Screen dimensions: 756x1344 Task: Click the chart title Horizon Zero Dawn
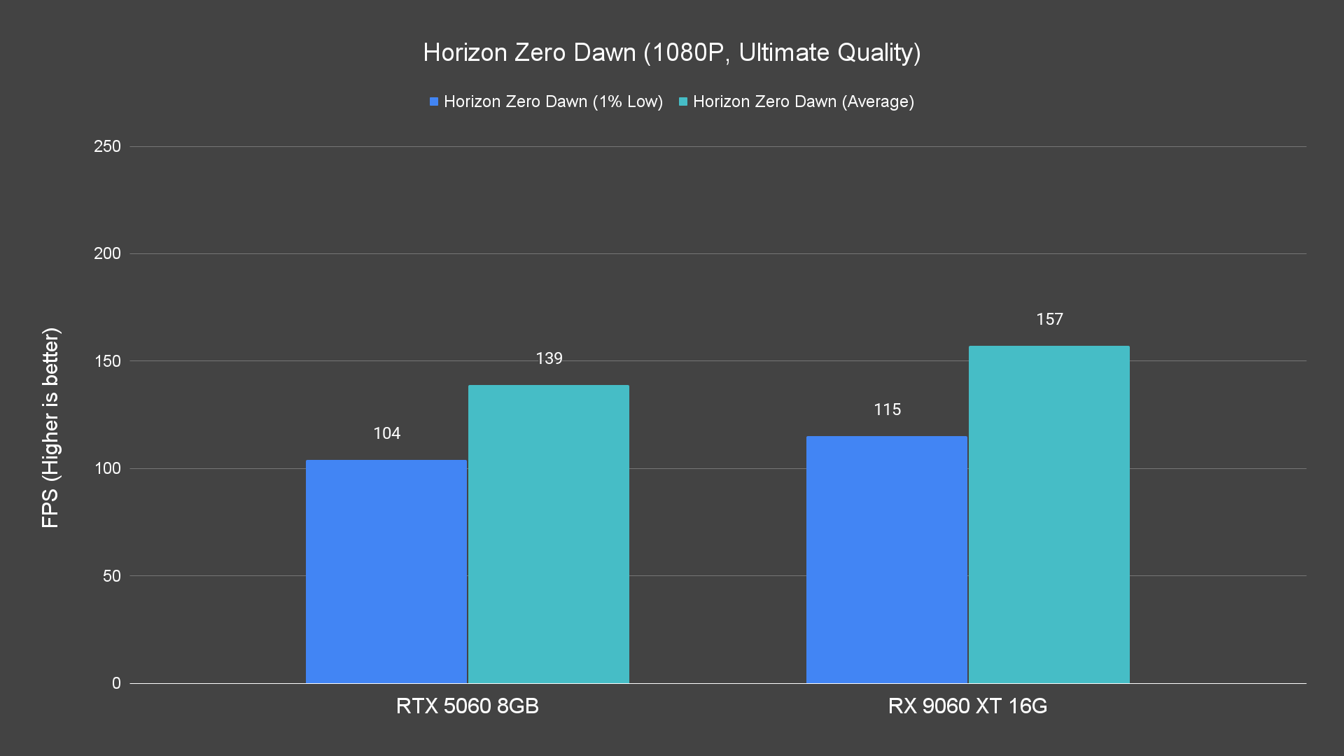[x=671, y=52]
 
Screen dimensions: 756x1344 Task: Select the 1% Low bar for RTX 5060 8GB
[x=386, y=571]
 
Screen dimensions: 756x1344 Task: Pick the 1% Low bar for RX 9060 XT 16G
[x=886, y=559]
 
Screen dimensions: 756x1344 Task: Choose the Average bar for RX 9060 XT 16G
[x=1049, y=514]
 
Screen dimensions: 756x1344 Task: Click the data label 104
[x=387, y=433]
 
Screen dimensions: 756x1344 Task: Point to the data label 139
[x=549, y=358]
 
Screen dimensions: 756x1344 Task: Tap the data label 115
[x=887, y=409]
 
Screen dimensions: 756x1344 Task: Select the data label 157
[x=1049, y=319]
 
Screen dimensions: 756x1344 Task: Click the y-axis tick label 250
[x=107, y=146]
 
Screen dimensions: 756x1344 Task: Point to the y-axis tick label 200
[x=107, y=253]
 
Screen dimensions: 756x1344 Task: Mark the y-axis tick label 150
[x=107, y=361]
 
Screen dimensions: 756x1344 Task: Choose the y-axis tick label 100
[x=107, y=468]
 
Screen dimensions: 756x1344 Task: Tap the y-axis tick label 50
[x=111, y=576]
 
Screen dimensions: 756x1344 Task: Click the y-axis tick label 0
[x=116, y=683]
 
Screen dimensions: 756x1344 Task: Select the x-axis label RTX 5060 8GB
[x=468, y=706]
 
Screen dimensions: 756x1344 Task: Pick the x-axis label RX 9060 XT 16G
[x=967, y=706]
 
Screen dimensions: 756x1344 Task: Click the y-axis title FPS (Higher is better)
[x=50, y=427]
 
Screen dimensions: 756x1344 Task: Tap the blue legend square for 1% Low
[x=434, y=102]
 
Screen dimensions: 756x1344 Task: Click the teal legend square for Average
[x=683, y=102]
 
